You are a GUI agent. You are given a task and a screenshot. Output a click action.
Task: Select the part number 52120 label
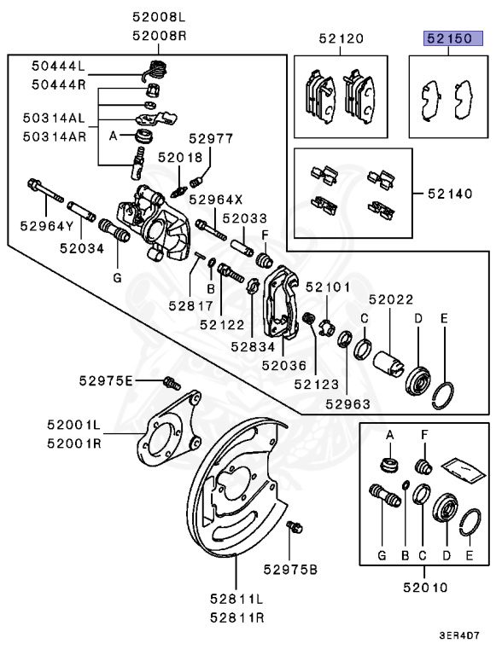341,38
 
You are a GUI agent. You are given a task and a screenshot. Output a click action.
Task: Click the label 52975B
290,569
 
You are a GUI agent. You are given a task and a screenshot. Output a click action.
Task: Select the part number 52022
391,299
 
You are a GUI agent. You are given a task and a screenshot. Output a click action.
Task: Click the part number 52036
283,363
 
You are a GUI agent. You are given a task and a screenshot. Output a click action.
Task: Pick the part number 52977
211,137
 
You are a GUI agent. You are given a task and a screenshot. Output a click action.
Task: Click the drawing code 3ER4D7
460,635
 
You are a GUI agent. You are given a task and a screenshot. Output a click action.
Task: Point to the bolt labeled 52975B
296,527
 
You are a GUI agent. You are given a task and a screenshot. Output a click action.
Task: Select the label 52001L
74,424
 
